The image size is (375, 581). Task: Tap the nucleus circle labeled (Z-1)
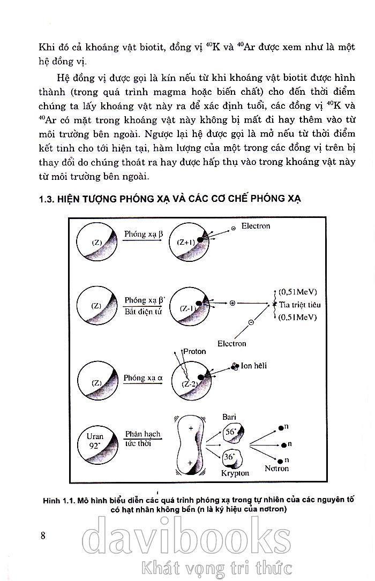(189, 307)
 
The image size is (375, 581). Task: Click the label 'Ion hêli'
(254, 366)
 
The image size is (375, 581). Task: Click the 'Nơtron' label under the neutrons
(276, 469)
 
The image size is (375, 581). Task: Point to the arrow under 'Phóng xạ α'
(142, 384)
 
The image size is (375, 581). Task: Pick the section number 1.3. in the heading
(48, 199)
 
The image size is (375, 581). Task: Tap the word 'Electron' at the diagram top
(256, 226)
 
